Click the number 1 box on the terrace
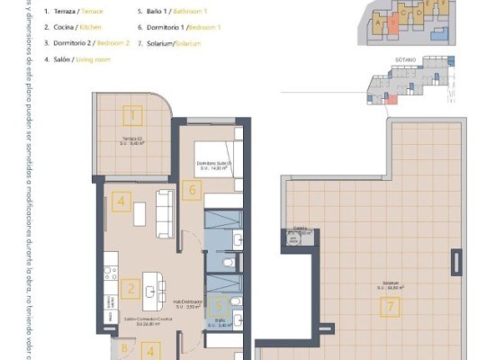coord(133,115)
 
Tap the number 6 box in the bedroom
coord(190,190)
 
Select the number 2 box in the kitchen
coord(130,289)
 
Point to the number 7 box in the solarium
coord(389,307)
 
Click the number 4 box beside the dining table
coord(121,202)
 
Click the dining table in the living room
coord(140,213)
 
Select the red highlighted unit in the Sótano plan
coord(391,97)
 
